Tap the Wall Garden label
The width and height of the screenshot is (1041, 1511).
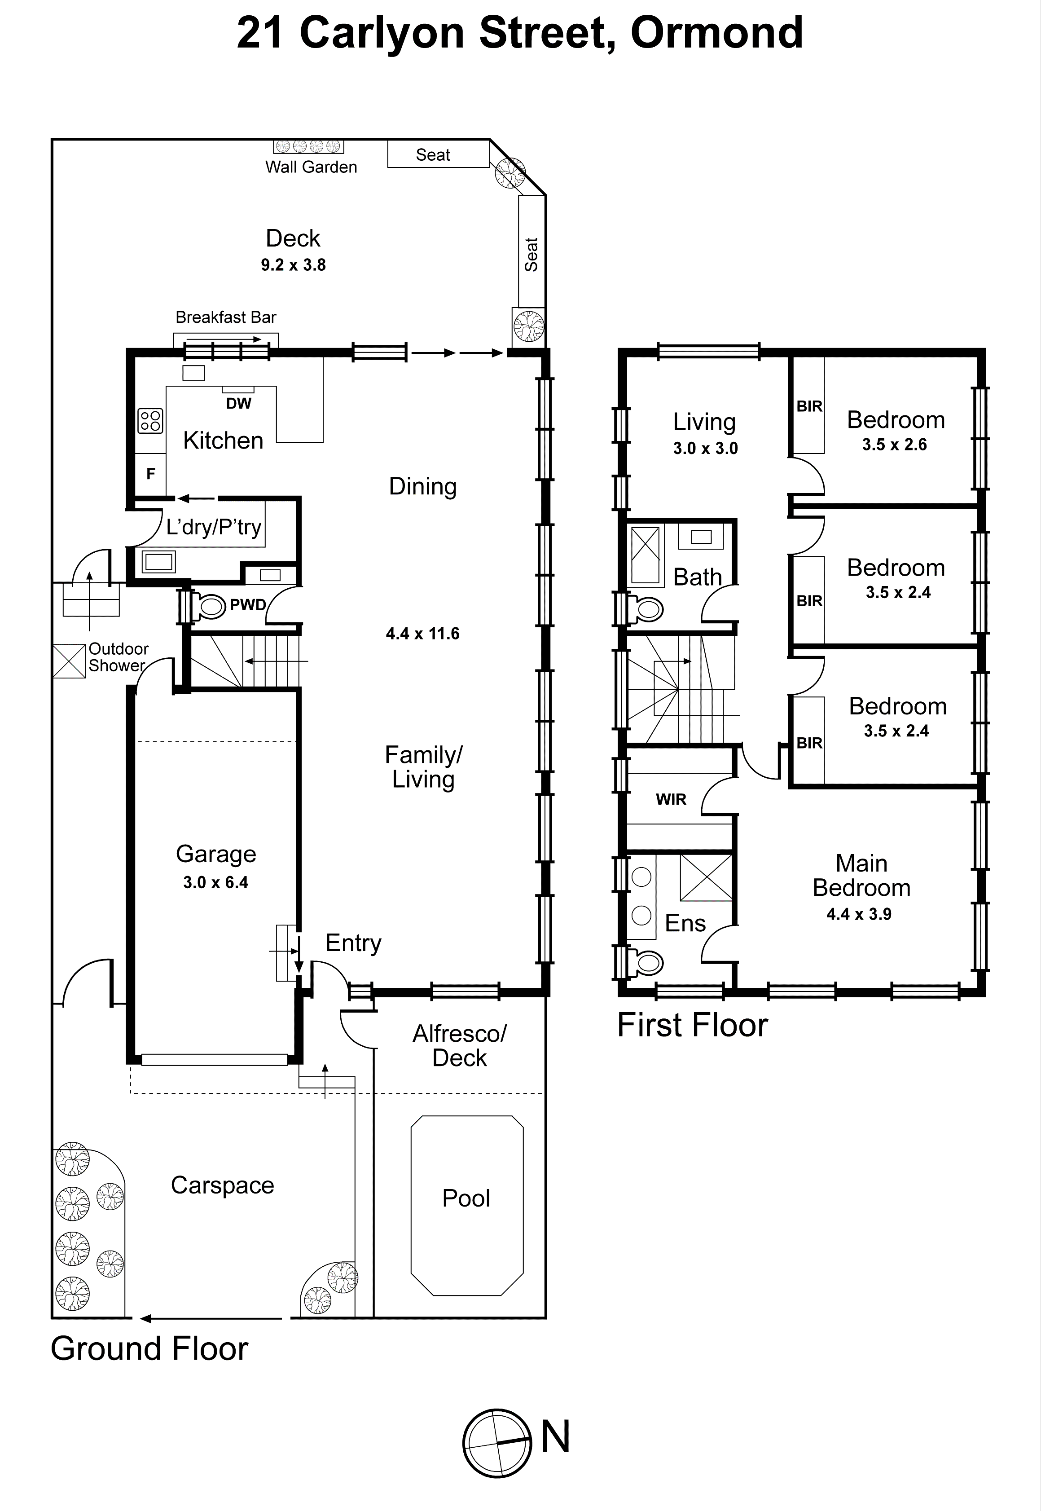pyautogui.click(x=311, y=167)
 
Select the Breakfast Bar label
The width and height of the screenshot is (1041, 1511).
pyautogui.click(x=226, y=317)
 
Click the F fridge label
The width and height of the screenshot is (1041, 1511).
pyautogui.click(x=151, y=474)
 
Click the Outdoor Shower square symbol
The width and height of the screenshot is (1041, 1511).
pyautogui.click(x=69, y=661)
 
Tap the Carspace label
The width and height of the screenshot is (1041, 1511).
pyautogui.click(x=222, y=1185)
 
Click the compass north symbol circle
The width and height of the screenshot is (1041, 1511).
pyautogui.click(x=497, y=1442)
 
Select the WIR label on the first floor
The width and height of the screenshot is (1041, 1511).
pyautogui.click(x=671, y=799)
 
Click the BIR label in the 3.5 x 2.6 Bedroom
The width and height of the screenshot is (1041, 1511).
pyautogui.click(x=809, y=406)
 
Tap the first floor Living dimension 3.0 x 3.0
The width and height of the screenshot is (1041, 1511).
pyautogui.click(x=705, y=448)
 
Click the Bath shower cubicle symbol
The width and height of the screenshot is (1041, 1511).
pyautogui.click(x=645, y=555)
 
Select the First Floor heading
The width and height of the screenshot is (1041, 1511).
pyautogui.click(x=692, y=1025)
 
